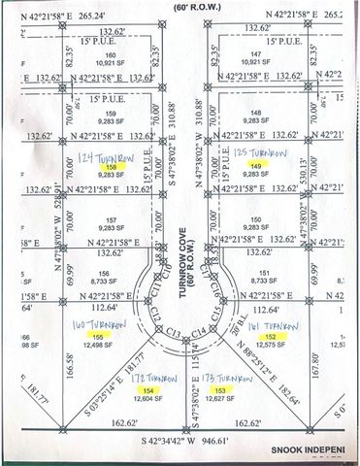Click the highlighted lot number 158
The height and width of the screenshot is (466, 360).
(95, 165)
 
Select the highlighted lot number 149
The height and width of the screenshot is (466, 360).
(256, 166)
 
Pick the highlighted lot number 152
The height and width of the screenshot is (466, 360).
(283, 335)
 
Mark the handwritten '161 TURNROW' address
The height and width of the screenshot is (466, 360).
(283, 321)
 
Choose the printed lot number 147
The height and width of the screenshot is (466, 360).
(257, 55)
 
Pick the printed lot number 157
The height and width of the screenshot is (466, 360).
(95, 218)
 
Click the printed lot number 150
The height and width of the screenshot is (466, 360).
(256, 218)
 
